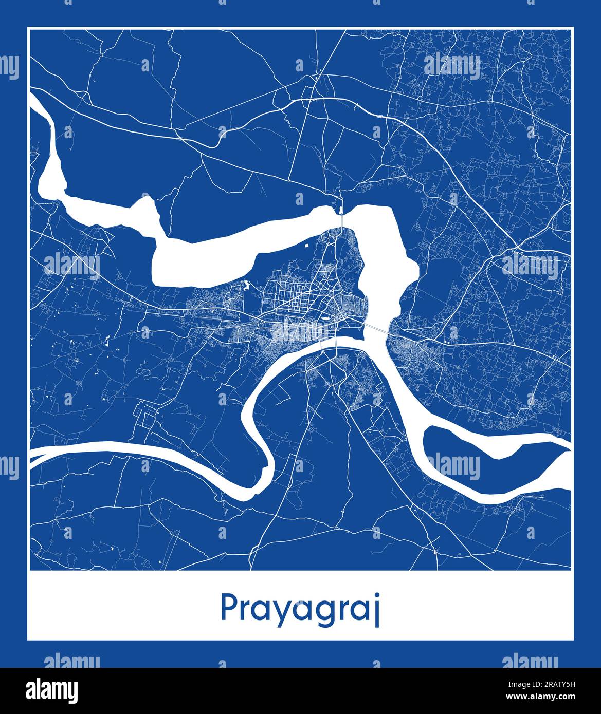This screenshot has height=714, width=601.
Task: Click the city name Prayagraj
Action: [x=300, y=608]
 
